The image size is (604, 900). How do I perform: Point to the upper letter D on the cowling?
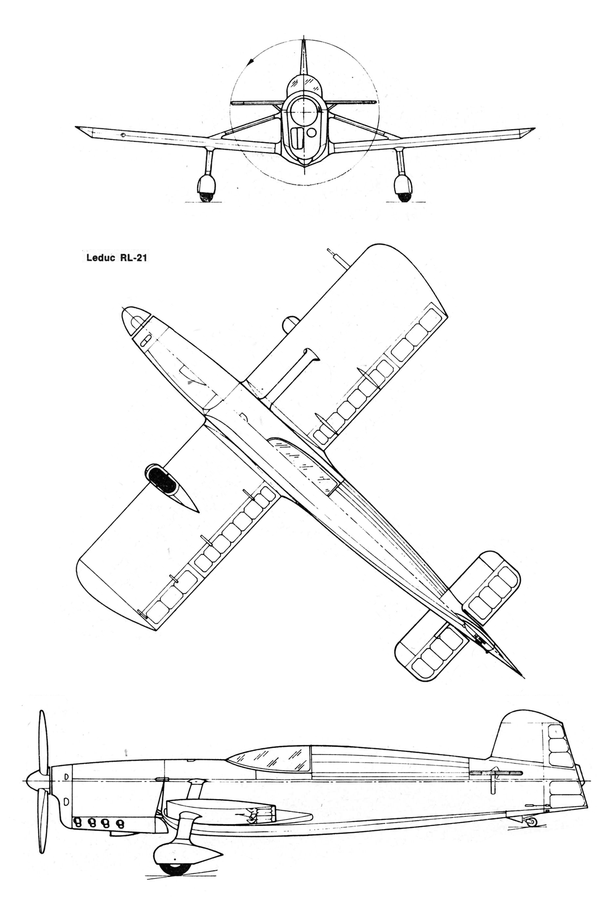[x=66, y=777]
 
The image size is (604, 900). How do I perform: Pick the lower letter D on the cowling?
[x=66, y=800]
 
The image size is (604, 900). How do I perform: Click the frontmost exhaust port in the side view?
[x=78, y=822]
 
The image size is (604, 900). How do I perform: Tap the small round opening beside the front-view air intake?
[x=312, y=132]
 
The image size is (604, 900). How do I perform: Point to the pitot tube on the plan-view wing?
[x=335, y=256]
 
